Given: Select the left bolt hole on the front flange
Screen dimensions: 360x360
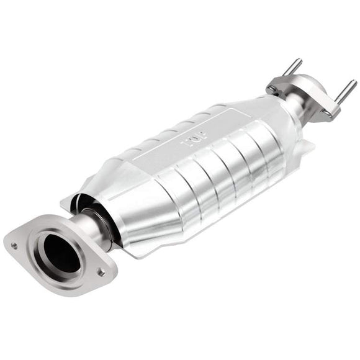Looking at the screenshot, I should pyautogui.click(x=14, y=245).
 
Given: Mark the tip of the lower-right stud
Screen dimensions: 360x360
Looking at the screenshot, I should pyautogui.click(x=353, y=83).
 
